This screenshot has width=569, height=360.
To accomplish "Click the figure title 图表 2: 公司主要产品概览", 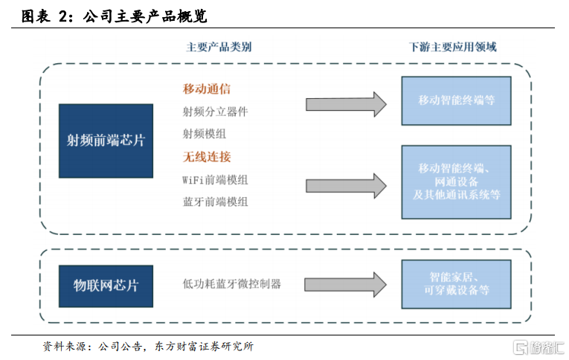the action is (115, 16).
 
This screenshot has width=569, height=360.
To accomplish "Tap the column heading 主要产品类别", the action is (219, 47).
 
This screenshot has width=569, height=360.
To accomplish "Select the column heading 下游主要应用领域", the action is (452, 47).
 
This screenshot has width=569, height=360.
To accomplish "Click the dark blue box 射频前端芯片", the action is (106, 141).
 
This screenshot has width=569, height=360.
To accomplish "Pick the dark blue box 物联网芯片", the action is (106, 286).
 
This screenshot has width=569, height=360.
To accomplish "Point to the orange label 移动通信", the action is (207, 89).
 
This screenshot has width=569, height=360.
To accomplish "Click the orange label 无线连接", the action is (207, 157).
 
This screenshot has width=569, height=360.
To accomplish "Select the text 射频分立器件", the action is (215, 112).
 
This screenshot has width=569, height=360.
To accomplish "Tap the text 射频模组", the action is (205, 134).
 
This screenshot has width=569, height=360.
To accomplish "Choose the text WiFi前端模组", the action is (215, 180).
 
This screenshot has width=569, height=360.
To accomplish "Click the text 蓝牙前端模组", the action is (215, 202).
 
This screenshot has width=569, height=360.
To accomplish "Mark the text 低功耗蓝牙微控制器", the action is (232, 284).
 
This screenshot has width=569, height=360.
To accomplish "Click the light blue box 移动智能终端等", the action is (456, 101).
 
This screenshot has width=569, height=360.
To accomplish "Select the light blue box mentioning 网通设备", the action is (456, 182).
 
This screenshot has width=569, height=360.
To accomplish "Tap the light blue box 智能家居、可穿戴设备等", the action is (456, 284).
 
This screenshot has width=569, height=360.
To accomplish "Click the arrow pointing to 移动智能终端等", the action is (346, 105).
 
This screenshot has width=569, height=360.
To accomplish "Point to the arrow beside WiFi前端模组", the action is (346, 186).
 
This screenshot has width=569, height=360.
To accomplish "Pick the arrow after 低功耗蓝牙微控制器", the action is (345, 285).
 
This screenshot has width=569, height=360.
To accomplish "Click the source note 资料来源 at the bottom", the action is (148, 347).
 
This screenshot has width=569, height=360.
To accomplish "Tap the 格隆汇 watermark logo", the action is (539, 347).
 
